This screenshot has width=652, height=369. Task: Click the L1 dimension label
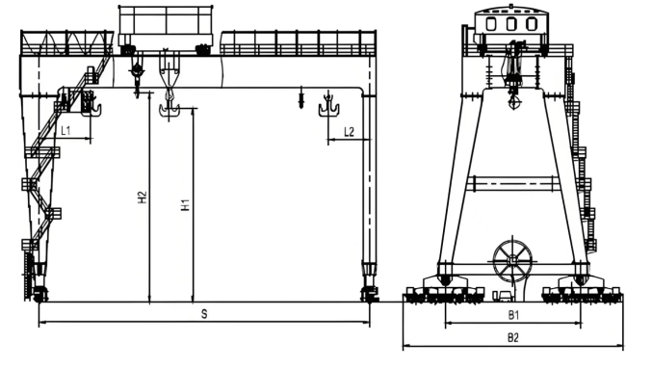65,129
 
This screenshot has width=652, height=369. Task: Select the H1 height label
185,205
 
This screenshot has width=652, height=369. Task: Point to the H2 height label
142,197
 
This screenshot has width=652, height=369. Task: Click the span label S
204,315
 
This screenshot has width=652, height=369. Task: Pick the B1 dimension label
513,315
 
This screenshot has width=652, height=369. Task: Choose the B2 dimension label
513,338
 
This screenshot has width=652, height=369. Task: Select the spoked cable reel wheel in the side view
512,259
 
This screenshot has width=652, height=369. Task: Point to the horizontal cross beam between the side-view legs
513,183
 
